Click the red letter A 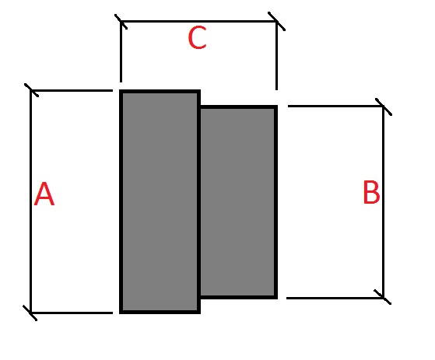pyautogui.click(x=44, y=194)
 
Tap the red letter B pyautogui.click(x=371, y=192)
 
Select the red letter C pyautogui.click(x=197, y=37)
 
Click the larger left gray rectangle pyautogui.click(x=160, y=201)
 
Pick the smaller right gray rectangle pyautogui.click(x=238, y=202)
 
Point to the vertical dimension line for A pyautogui.click(x=30, y=201)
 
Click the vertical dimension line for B pyautogui.click(x=384, y=202)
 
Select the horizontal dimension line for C pyautogui.click(x=198, y=21)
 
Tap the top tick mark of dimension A pyautogui.click(x=31, y=90)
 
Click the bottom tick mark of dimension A pyautogui.click(x=30, y=313)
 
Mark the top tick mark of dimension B pyautogui.click(x=384, y=107)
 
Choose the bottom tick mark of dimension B pyautogui.click(x=383, y=297)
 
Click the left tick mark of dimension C pyautogui.click(x=121, y=21)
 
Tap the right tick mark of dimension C pyautogui.click(x=276, y=21)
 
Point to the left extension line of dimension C pyautogui.click(x=121, y=52)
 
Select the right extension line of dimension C pyautogui.click(x=276, y=56)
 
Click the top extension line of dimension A pyautogui.click(x=72, y=90)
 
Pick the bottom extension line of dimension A pyautogui.click(x=72, y=313)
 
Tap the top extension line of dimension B pyautogui.click(x=335, y=106)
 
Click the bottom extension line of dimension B pyautogui.click(x=335, y=298)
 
